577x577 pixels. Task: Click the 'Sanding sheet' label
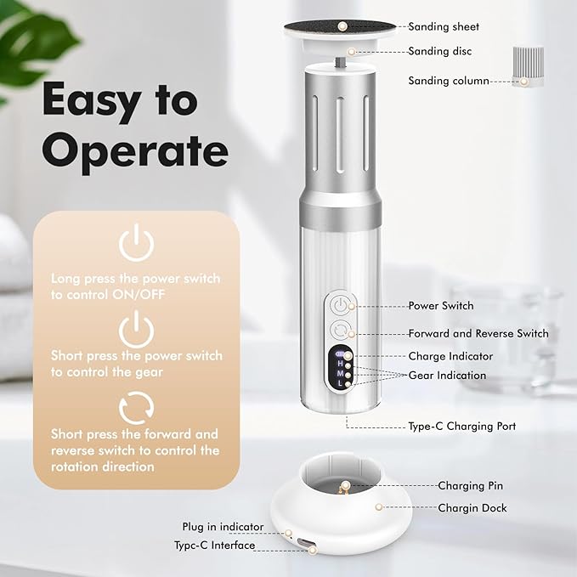tap(444, 27)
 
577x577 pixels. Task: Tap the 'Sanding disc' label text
tap(439, 51)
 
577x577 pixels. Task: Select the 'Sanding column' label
tap(449, 81)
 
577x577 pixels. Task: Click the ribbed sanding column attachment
tap(528, 66)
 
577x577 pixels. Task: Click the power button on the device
tap(339, 305)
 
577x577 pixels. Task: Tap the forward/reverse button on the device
tap(339, 330)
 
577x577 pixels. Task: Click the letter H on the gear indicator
tap(341, 364)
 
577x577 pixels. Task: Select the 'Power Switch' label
tap(441, 306)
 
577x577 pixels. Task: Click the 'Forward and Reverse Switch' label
tap(478, 333)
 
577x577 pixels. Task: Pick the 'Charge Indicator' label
tap(450, 356)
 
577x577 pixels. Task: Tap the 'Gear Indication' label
tap(447, 376)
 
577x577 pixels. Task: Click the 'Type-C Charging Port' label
tap(461, 426)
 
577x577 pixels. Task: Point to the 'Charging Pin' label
tap(470, 486)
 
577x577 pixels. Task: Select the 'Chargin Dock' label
tap(472, 508)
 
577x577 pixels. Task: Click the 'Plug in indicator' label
tap(223, 527)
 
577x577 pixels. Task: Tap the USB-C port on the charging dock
tap(305, 543)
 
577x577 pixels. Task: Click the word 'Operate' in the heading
tap(135, 150)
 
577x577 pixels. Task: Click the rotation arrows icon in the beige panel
tap(137, 408)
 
